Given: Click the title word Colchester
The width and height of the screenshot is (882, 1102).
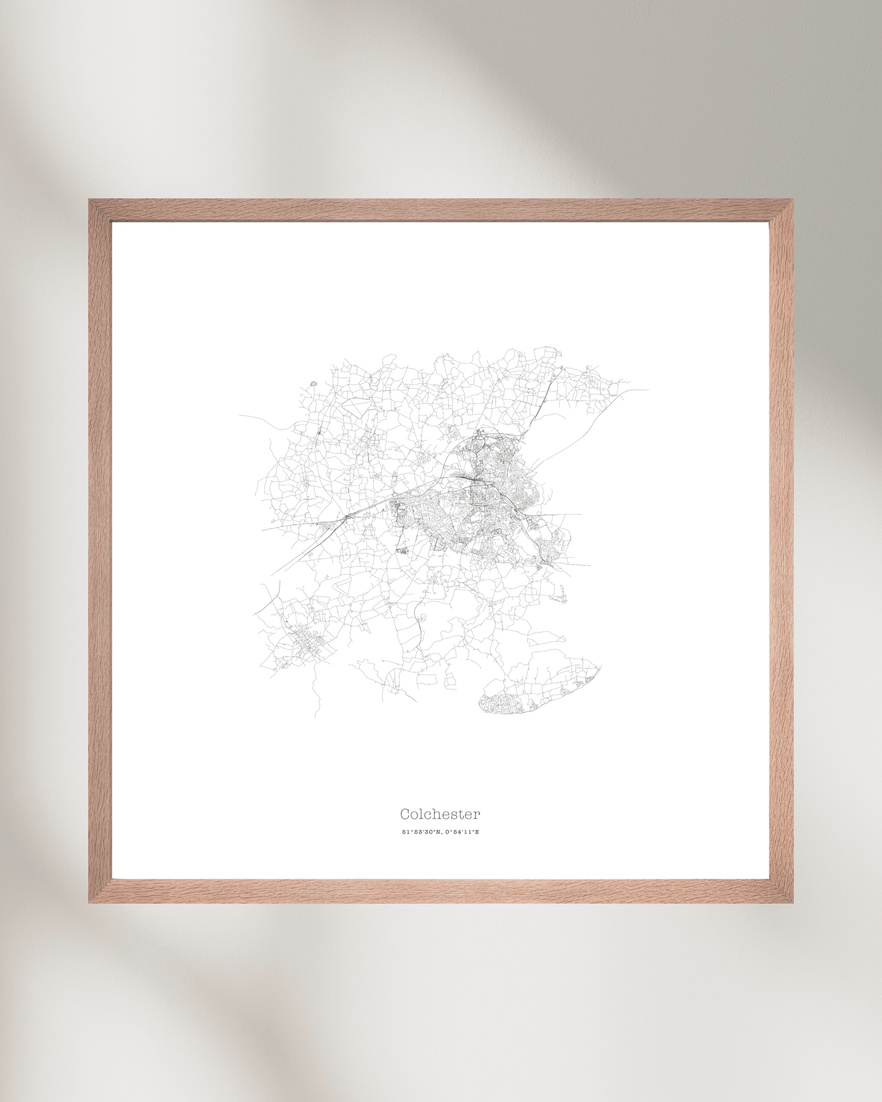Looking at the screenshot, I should (440, 814).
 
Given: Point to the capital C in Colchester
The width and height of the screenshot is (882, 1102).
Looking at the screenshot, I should (405, 814).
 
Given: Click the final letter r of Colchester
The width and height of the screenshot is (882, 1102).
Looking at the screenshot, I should (478, 815).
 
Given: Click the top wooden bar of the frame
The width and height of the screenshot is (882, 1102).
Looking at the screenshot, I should (441, 211).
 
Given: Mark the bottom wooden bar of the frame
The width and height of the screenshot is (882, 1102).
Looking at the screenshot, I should (441, 891).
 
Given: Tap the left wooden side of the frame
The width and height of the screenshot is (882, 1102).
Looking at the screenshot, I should (100, 549).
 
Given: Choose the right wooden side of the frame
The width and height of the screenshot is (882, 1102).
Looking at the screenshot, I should (781, 549).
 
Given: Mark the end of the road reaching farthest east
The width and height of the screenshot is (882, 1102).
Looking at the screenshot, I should (648, 389).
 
